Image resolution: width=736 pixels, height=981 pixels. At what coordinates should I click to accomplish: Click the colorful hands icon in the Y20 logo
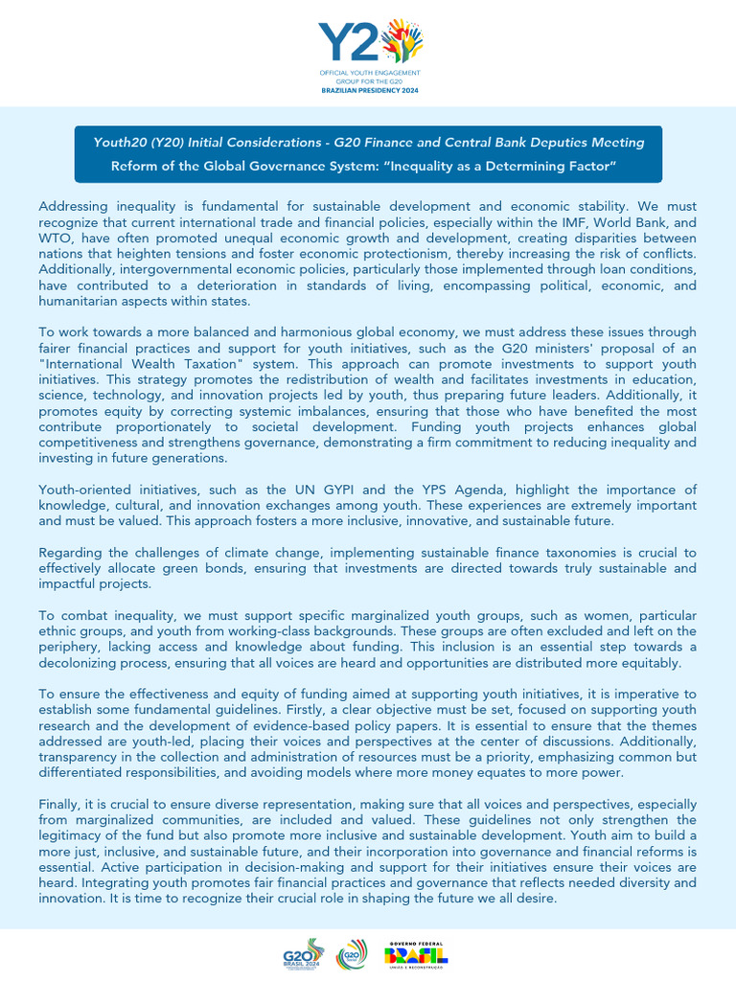click(x=402, y=40)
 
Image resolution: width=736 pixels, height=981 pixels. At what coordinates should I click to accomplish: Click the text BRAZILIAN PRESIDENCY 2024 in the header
click(x=368, y=90)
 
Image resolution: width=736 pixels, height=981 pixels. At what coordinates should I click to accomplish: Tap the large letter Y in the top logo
click(x=336, y=42)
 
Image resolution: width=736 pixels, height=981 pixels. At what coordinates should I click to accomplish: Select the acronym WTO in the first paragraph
click(x=57, y=238)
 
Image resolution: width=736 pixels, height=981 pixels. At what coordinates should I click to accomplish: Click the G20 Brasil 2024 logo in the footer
click(x=302, y=953)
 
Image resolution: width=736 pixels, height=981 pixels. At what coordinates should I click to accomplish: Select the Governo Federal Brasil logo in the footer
click(x=416, y=953)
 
